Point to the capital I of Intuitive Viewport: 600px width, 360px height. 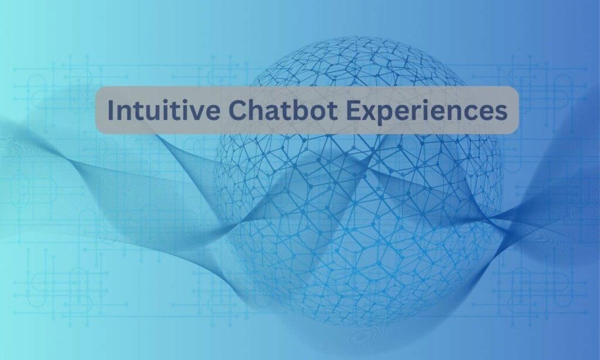click(112, 111)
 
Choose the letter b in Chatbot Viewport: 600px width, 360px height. click(278, 111)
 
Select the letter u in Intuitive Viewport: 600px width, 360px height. click(144, 113)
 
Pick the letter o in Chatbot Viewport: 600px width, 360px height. click(294, 113)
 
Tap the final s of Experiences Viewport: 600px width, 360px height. click(501, 113)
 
